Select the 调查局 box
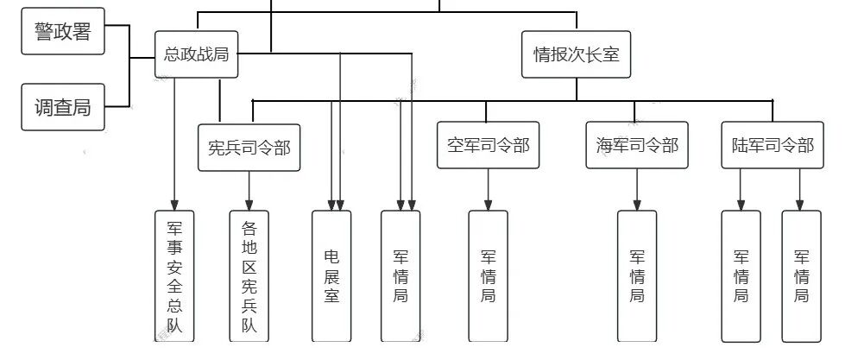coord(62,107)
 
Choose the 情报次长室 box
coord(576,54)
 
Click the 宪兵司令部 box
coord(249,147)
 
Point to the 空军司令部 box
coord(488,145)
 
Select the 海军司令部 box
coord(637,145)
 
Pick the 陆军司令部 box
coord(767,145)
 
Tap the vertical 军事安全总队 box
coord(174,276)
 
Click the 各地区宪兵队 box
coord(249,276)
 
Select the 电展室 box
coord(331,276)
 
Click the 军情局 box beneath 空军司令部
coord(488,276)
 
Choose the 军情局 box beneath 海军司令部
coord(637,276)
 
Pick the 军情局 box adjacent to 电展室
coord(400,276)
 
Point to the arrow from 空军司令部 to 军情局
coord(488,188)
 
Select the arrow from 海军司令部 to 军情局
coord(637,188)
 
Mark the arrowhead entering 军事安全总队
coord(174,205)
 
